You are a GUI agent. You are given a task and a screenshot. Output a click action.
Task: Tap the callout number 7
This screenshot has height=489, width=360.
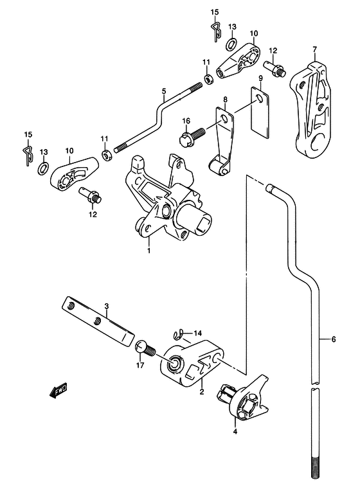coord(314,49)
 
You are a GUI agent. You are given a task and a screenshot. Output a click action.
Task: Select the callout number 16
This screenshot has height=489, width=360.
coord(186,121)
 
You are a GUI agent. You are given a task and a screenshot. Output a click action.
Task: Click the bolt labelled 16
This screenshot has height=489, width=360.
coord(192,136)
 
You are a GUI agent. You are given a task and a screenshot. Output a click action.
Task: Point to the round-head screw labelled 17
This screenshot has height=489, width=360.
coord(145,349)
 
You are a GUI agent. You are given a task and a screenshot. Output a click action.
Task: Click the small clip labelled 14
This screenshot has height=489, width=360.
coord(179,335)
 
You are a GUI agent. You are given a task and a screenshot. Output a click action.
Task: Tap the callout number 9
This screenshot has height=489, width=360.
coord(260,78)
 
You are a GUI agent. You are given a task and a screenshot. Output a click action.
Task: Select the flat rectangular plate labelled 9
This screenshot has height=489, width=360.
coord(260,112)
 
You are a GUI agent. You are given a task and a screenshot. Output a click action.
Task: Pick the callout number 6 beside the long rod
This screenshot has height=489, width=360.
coord(333,339)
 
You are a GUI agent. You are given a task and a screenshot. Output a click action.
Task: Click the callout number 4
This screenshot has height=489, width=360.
coord(235,432)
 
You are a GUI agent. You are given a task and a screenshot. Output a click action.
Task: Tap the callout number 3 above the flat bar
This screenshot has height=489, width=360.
coord(106,307)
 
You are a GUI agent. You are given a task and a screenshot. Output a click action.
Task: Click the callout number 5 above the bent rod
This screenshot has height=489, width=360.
coord(164,91)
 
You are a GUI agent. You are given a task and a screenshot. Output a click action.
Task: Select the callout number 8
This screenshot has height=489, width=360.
coord(225,100)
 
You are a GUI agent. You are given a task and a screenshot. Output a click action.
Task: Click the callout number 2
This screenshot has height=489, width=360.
coord(201,392)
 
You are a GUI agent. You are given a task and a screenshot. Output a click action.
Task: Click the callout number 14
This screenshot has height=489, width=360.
coord(198,333)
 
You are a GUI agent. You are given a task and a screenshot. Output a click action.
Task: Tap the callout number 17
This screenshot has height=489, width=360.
coord(140,365)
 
